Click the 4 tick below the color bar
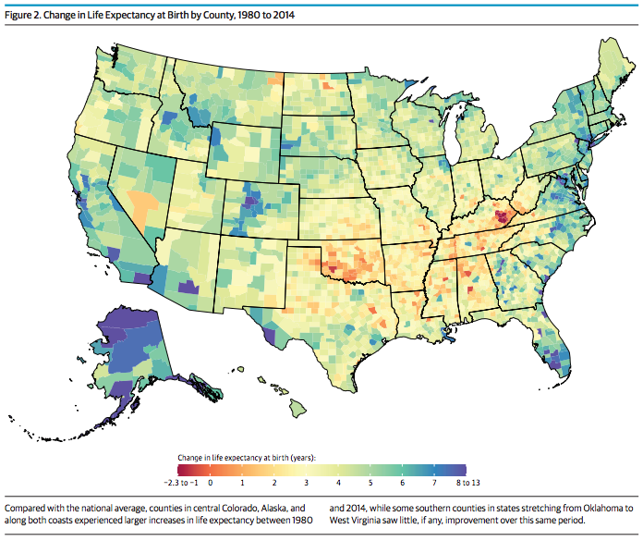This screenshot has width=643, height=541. [x=338, y=483]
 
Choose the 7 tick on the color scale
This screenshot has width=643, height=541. [x=435, y=483]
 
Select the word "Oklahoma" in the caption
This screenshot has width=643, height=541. [x=602, y=509]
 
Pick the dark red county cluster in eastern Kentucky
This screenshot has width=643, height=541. [x=500, y=217]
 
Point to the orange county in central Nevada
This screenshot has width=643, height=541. [x=141, y=202]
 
